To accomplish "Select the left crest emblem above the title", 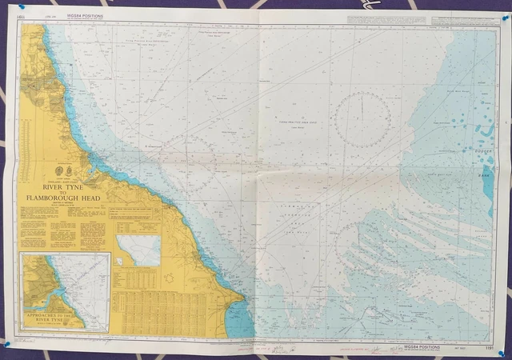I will (x=54, y=170).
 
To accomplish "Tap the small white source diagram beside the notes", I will (x=138, y=250).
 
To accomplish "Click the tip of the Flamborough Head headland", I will (x=244, y=302).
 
